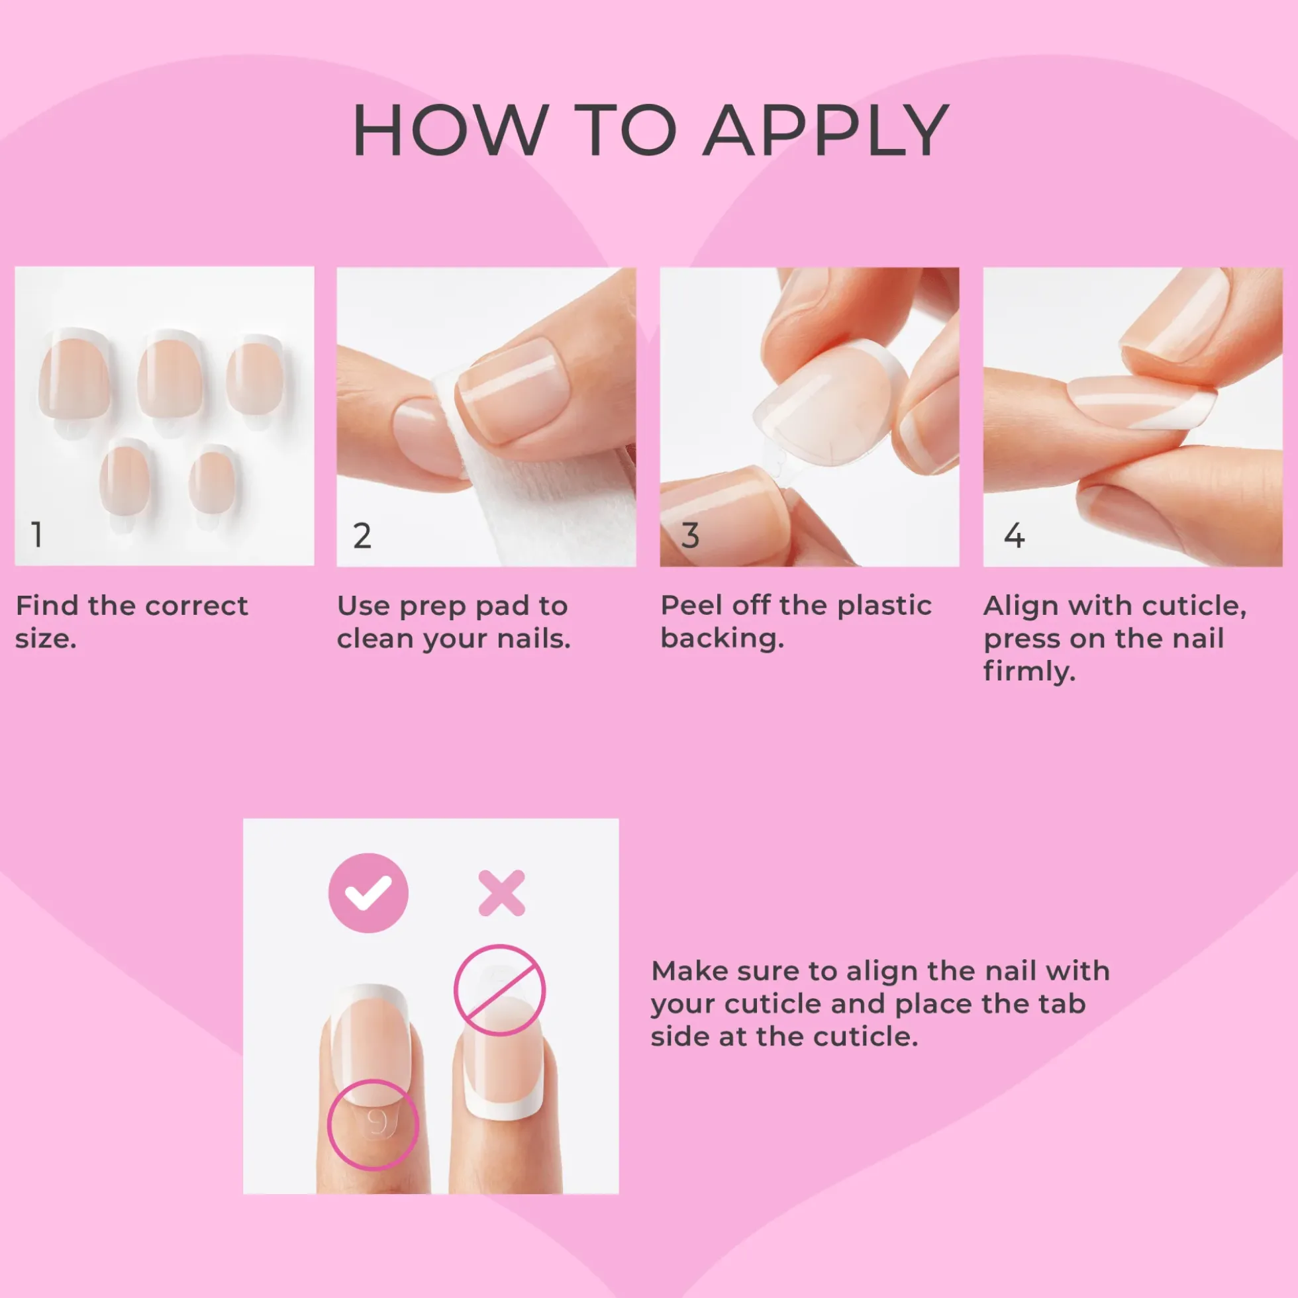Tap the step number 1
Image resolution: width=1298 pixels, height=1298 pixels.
pyautogui.click(x=38, y=535)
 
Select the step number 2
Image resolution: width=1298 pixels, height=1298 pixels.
pyautogui.click(x=362, y=535)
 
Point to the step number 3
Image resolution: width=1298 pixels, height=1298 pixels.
pyautogui.click(x=690, y=535)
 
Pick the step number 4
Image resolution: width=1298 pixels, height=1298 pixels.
pyautogui.click(x=1015, y=535)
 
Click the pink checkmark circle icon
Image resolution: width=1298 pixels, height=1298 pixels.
pyautogui.click(x=368, y=893)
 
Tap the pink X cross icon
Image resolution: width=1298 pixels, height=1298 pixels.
pyautogui.click(x=501, y=893)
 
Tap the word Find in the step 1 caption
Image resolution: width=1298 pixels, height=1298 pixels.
pyautogui.click(x=46, y=606)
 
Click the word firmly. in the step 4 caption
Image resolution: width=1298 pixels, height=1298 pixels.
pyautogui.click(x=1030, y=671)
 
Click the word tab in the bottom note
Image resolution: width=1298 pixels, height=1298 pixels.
pyautogui.click(x=1062, y=1003)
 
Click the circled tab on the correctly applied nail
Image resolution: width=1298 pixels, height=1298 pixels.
pyautogui.click(x=373, y=1124)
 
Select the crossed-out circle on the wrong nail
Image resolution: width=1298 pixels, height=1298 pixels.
pyautogui.click(x=499, y=990)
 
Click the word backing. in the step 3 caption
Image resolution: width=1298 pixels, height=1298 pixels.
pyautogui.click(x=722, y=639)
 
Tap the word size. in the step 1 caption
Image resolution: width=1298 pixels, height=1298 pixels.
pyautogui.click(x=46, y=639)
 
